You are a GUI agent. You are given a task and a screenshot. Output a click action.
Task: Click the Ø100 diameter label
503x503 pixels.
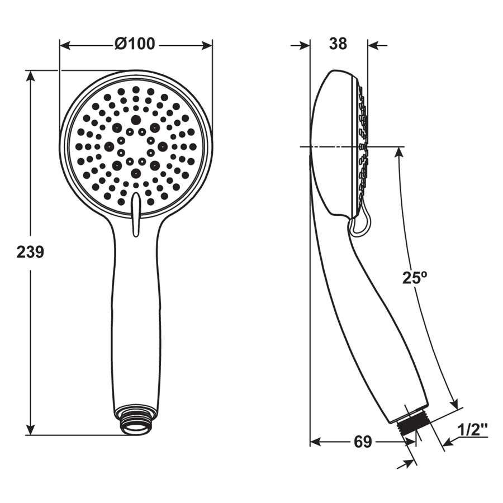135,44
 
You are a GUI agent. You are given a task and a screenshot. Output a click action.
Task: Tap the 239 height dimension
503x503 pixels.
30,252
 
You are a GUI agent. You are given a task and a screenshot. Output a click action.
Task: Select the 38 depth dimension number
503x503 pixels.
338,44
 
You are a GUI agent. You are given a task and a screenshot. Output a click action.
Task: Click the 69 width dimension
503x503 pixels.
363,442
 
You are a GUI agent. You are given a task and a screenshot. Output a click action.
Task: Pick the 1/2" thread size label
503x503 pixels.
473,429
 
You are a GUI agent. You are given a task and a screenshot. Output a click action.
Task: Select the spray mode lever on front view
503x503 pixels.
136,214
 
